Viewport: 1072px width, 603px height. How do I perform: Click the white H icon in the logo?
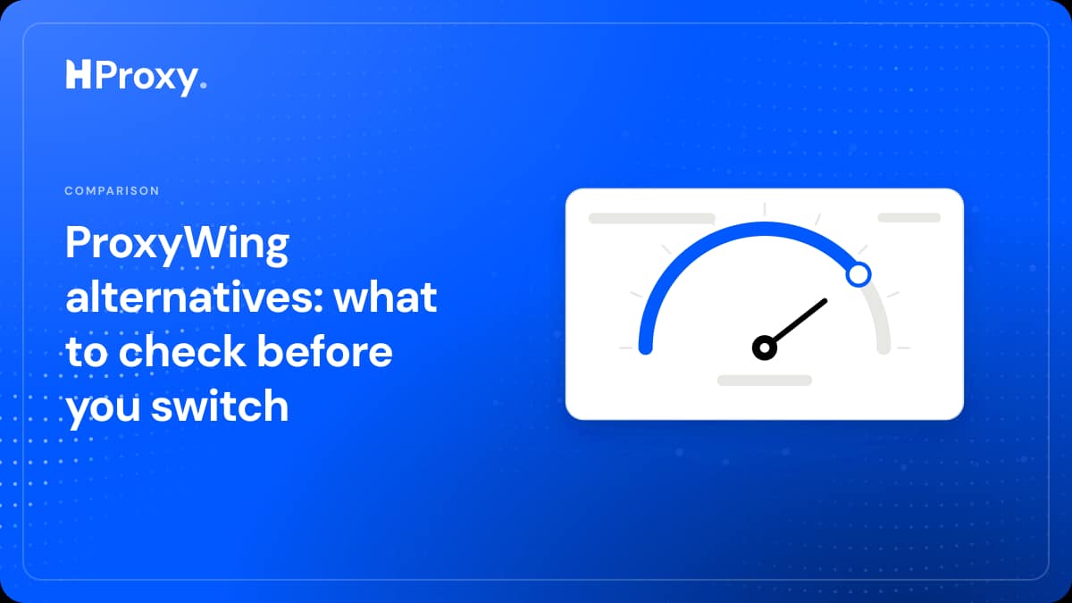click(78, 74)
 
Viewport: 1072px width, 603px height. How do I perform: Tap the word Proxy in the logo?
click(147, 78)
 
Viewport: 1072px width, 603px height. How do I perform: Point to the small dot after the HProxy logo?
click(204, 85)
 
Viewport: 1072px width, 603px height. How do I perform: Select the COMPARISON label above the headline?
click(112, 190)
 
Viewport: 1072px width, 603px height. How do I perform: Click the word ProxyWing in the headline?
click(177, 246)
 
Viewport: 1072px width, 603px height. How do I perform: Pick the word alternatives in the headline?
click(195, 297)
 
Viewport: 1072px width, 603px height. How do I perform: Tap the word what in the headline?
click(386, 297)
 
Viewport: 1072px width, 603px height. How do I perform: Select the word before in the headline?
click(325, 351)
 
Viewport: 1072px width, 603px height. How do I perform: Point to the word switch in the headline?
click(220, 406)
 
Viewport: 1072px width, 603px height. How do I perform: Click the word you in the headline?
click(103, 410)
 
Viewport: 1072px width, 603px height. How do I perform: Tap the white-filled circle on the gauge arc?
click(858, 275)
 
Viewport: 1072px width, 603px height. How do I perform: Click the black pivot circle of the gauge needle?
click(765, 348)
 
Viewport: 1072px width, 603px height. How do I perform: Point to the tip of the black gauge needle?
click(825, 301)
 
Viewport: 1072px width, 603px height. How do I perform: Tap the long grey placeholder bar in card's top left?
click(652, 218)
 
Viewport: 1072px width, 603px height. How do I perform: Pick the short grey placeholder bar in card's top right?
click(909, 218)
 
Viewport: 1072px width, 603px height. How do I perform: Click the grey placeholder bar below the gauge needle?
click(765, 381)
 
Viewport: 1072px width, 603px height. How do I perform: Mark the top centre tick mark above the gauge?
click(765, 209)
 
